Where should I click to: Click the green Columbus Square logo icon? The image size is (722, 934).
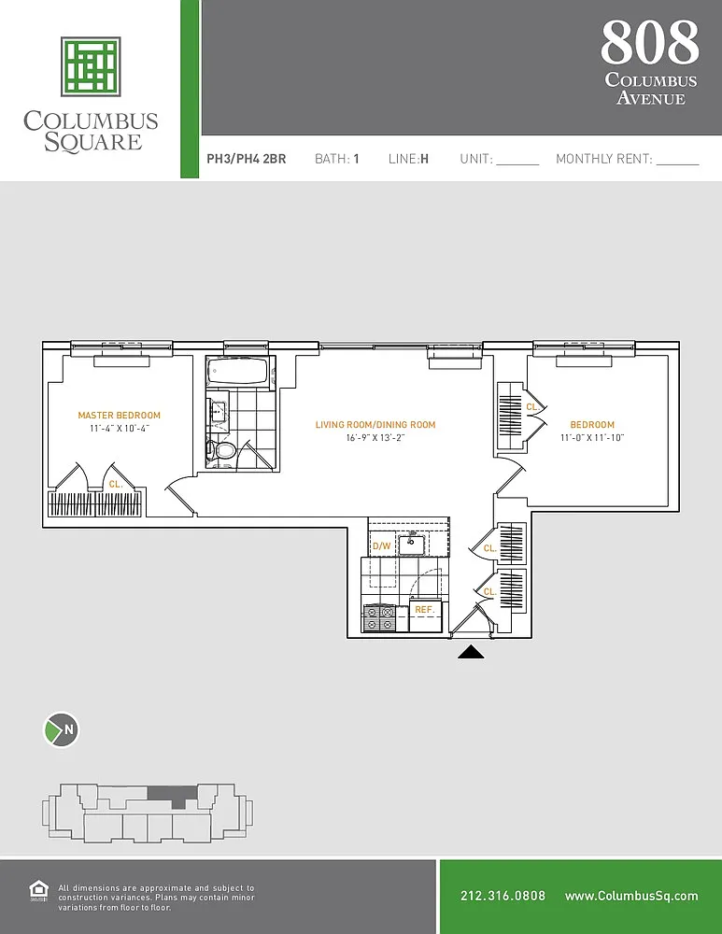pos(91,66)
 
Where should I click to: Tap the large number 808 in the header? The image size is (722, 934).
pos(650,42)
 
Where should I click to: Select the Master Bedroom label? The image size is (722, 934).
pos(120,416)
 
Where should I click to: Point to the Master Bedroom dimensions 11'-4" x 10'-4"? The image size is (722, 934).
pos(120,429)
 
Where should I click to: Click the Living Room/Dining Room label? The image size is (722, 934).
pos(375,425)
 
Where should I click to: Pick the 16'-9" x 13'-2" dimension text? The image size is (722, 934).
pos(375,438)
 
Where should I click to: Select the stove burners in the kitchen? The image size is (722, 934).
pos(379,617)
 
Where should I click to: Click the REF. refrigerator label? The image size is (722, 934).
pos(425,609)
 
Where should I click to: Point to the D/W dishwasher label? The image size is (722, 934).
pos(381,545)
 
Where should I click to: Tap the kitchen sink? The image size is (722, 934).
pos(411,544)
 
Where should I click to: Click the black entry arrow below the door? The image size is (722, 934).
pos(471,652)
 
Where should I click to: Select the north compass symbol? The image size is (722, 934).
pos(62,729)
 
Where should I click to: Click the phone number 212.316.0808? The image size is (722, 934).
pos(503,896)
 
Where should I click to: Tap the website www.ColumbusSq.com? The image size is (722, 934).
pos(631,896)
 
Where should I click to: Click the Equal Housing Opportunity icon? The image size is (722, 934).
pos(38,892)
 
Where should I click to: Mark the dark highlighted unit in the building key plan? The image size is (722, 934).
pos(172,795)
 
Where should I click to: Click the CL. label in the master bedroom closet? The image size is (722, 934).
pos(116,484)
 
